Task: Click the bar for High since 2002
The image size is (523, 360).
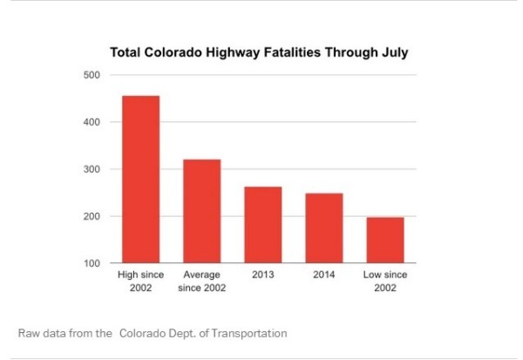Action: click(140, 180)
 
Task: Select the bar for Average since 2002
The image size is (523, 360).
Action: click(202, 211)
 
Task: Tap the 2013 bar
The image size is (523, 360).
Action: click(263, 225)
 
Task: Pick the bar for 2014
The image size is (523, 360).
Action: click(324, 228)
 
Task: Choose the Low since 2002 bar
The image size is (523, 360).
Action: click(385, 241)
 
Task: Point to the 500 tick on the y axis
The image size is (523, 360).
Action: click(92, 75)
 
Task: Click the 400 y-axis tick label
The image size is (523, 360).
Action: click(92, 122)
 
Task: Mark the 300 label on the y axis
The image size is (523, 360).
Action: click(92, 169)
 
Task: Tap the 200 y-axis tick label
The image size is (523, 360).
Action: click(92, 216)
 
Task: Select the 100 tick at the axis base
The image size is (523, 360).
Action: click(92, 263)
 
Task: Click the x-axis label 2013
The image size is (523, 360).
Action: click(263, 275)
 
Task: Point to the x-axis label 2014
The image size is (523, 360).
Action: click(324, 275)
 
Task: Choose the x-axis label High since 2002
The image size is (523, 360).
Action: click(140, 281)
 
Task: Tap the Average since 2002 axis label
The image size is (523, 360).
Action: click(202, 281)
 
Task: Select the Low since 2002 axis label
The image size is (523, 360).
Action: click(385, 281)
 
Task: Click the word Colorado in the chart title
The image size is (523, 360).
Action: click(173, 52)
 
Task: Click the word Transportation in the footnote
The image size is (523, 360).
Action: click(249, 333)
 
